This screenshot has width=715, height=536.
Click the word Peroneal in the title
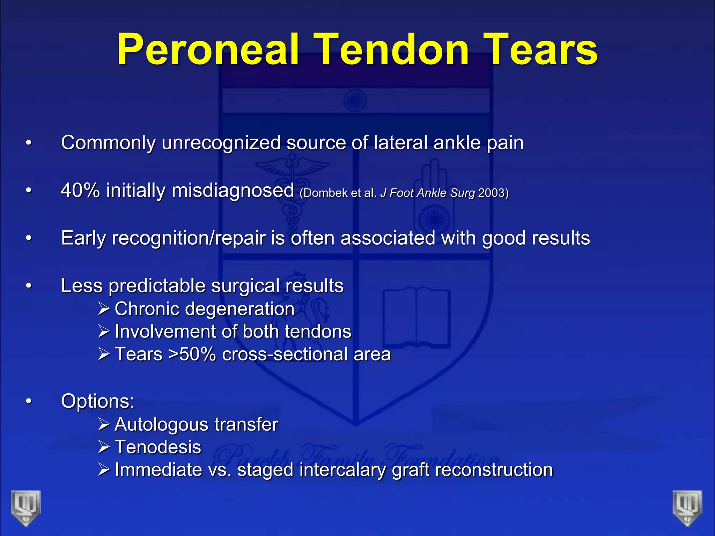tap(207, 50)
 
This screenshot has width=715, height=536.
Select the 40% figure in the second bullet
tap(80, 191)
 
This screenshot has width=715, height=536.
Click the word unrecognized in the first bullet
tap(221, 143)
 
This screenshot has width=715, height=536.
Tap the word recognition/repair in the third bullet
tap(189, 239)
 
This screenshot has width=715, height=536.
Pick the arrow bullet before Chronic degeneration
tap(104, 309)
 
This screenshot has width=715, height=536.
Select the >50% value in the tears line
tap(192, 354)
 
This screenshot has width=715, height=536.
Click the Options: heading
tap(98, 401)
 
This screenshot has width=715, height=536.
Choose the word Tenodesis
tap(158, 447)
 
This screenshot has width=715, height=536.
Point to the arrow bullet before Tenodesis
tap(104, 447)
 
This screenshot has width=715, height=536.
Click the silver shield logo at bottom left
tap(26, 508)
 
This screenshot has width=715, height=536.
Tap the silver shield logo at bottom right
tap(687, 508)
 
